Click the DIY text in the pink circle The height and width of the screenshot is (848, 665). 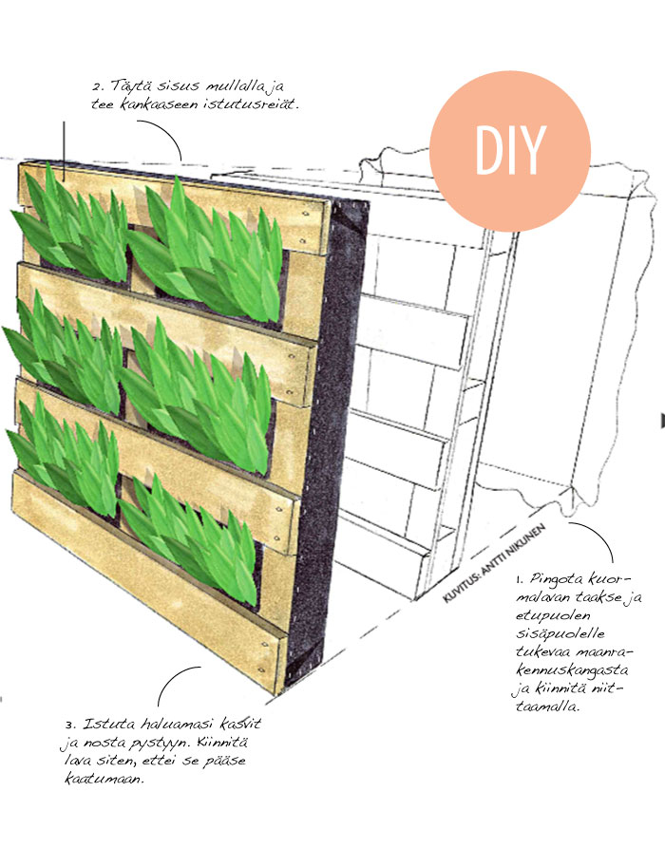coord(510,150)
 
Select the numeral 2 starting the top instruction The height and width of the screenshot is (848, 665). coord(98,87)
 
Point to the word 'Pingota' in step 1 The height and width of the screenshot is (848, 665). coord(557,579)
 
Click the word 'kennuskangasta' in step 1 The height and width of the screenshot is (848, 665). coord(572,670)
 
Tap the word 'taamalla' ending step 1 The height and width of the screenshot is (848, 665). coord(546,707)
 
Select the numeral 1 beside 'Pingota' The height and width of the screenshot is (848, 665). coord(519,580)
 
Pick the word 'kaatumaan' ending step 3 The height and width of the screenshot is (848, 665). coord(104,779)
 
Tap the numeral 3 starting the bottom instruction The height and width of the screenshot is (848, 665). coord(69,725)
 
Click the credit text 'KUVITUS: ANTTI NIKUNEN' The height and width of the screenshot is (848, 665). coord(493,562)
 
